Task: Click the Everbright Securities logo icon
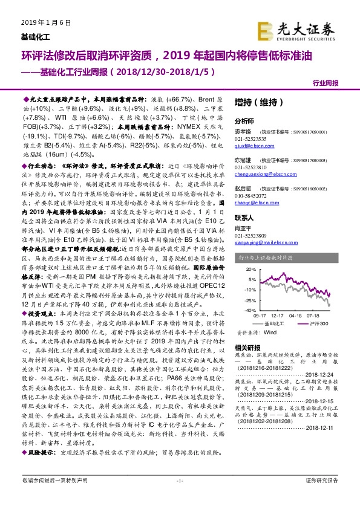point(264,29)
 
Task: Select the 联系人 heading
point(244,216)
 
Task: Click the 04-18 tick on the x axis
point(295,314)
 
